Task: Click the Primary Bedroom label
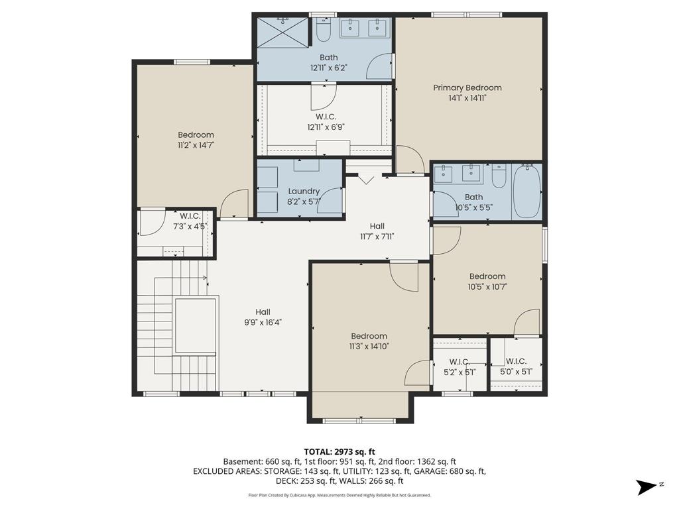pos(467,87)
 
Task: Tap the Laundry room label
pos(304,192)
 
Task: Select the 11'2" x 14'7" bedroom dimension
pos(196,145)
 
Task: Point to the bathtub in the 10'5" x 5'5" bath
pos(526,191)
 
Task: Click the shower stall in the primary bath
pos(282,32)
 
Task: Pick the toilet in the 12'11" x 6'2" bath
pos(324,29)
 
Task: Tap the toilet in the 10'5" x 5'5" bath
pos(499,176)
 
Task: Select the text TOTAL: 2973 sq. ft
pos(339,452)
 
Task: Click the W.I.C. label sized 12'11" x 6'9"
pos(326,117)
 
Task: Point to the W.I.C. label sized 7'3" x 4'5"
pos(190,215)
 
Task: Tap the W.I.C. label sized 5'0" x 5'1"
pos(516,361)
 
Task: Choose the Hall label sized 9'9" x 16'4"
pos(263,312)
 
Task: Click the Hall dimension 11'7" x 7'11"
pos(377,237)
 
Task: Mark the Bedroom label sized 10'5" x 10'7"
pos(487,276)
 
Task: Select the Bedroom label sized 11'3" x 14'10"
pos(369,336)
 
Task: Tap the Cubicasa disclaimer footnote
pos(339,495)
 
